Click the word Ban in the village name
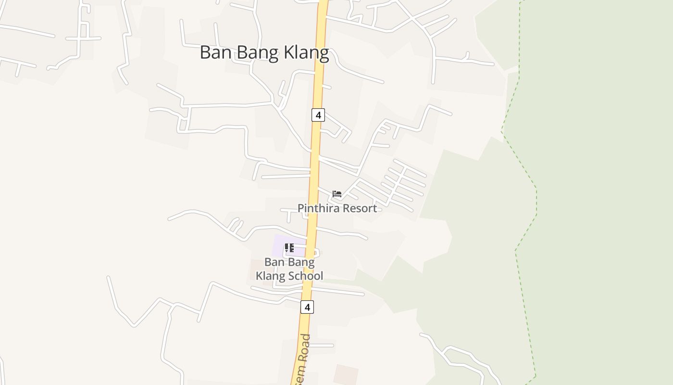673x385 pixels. pyautogui.click(x=214, y=52)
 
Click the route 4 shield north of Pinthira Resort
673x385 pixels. pyautogui.click(x=318, y=115)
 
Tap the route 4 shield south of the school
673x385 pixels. pyautogui.click(x=307, y=307)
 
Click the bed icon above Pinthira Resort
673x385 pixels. pyautogui.click(x=337, y=194)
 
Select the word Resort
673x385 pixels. pyautogui.click(x=359, y=208)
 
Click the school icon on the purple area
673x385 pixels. pyautogui.click(x=289, y=248)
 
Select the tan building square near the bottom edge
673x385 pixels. pyautogui.click(x=346, y=375)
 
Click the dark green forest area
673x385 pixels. pyautogui.click(x=601, y=192)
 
